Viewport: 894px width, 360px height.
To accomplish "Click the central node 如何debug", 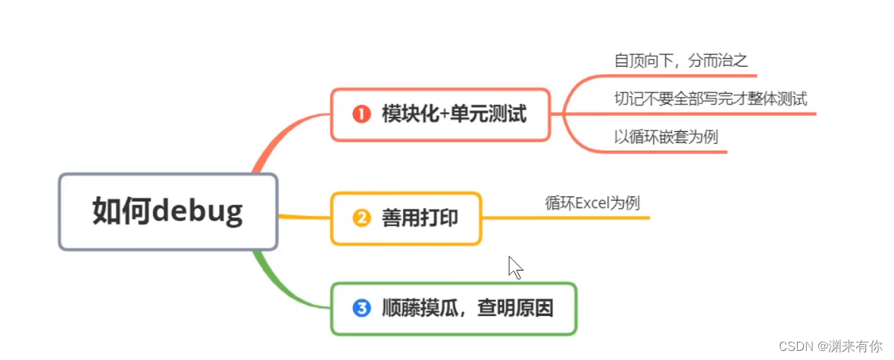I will point(168,212).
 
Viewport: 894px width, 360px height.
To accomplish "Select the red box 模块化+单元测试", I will point(440,114).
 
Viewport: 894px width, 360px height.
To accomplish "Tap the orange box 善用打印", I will point(406,218).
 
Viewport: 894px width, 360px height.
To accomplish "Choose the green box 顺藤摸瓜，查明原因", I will point(454,308).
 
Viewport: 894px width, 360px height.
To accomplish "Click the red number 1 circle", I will point(361,115).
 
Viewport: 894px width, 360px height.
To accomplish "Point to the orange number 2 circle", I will point(361,218).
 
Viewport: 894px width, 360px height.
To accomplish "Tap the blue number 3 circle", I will point(361,308).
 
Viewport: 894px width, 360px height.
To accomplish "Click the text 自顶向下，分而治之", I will point(681,61).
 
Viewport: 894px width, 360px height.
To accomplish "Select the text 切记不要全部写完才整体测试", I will point(710,99).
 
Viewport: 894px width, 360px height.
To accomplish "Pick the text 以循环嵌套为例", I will point(666,137).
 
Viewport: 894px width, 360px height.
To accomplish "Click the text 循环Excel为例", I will point(592,202).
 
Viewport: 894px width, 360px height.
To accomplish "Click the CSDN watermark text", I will point(833,346).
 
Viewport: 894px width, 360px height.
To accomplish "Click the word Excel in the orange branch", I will point(593,202).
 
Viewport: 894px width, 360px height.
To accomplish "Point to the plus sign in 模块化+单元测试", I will point(443,115).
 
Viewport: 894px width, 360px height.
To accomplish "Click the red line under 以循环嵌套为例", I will point(667,152).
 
